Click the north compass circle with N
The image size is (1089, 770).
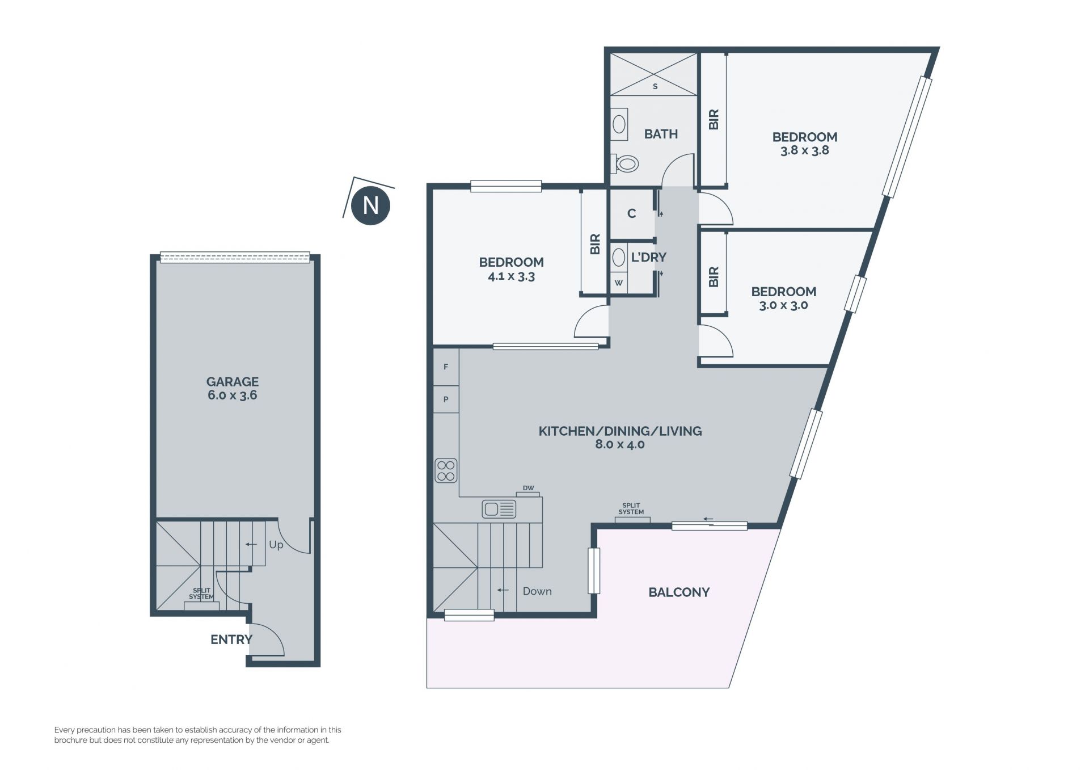pos(370,205)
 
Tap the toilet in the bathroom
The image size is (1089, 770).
pos(624,164)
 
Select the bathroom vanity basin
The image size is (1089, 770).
pos(619,125)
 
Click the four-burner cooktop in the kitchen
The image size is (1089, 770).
pos(446,470)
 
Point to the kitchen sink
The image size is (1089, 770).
pos(499,509)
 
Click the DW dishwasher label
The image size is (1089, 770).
pos(528,488)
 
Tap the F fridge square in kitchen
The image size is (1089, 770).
pos(446,367)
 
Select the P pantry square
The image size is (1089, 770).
pos(446,399)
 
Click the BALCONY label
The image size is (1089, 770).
pos(679,592)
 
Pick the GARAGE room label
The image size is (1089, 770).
pos(233,382)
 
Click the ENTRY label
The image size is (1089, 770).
pos(231,639)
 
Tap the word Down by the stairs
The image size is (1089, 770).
pos(537,591)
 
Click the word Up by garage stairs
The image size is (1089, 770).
pos(276,545)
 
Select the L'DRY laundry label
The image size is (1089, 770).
pos(649,257)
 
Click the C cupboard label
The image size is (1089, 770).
pos(632,213)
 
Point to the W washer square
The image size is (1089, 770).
pos(619,283)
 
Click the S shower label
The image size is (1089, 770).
pos(655,87)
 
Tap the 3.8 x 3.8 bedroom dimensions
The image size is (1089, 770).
pos(805,150)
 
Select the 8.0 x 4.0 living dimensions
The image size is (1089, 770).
pos(620,444)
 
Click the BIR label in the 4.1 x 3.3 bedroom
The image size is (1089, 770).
pos(595,244)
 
